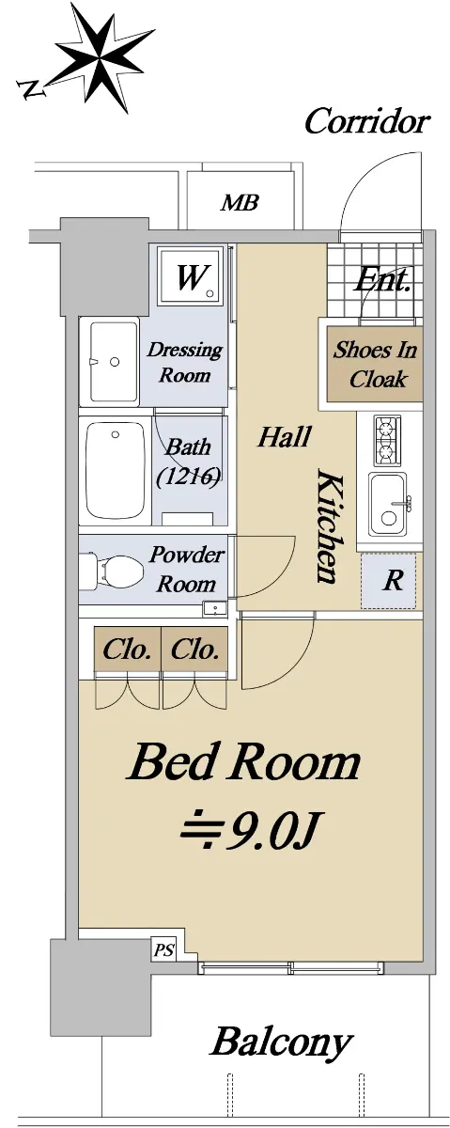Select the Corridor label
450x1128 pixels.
[367, 121]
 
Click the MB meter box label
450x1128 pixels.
[240, 202]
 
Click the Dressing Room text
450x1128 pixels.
[185, 362]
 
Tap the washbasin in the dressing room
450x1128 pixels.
[109, 362]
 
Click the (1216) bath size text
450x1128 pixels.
[188, 476]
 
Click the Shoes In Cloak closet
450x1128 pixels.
[375, 364]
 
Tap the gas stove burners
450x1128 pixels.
[386, 440]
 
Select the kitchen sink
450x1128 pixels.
[389, 504]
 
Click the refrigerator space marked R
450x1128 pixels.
[389, 580]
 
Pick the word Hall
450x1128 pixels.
[285, 436]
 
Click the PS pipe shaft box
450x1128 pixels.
[164, 949]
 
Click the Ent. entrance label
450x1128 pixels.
[381, 280]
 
